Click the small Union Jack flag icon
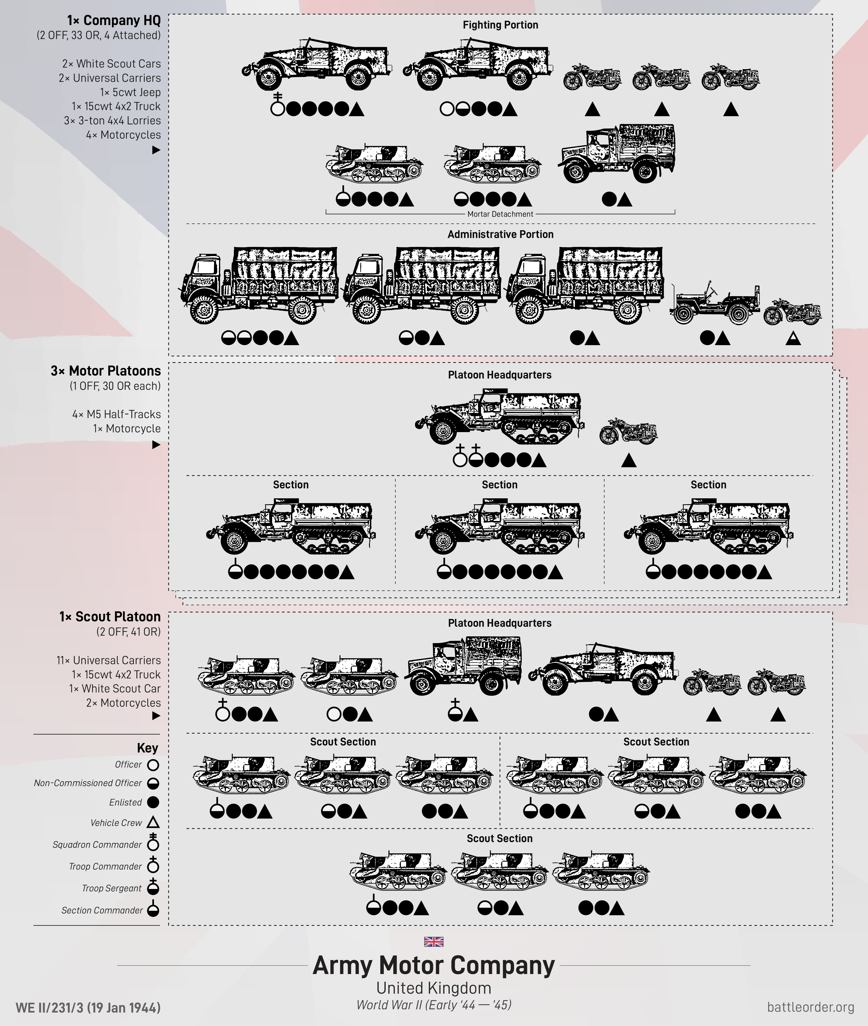pyautogui.click(x=434, y=941)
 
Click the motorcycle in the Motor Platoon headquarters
pyautogui.click(x=628, y=432)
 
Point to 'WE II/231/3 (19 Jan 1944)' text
pyautogui.click(x=88, y=1007)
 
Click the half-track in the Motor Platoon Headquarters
pyautogui.click(x=500, y=416)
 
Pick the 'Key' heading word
pyautogui.click(x=147, y=748)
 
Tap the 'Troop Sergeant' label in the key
pyautogui.click(x=112, y=888)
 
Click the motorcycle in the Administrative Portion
pyautogui.click(x=792, y=312)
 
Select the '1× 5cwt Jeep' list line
pyautogui.click(x=130, y=92)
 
